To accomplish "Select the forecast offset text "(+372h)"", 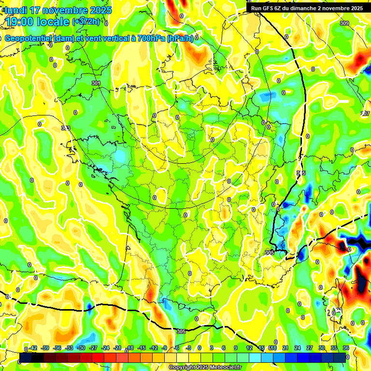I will pyautogui.click(x=86, y=22).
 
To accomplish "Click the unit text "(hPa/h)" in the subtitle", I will pyautogui.click(x=180, y=39).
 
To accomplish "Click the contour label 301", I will pyautogui.click(x=96, y=84).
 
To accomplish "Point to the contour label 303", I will pyautogui.click(x=66, y=128).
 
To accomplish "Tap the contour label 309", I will pyautogui.click(x=344, y=23).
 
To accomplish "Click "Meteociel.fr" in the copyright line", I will pyautogui.click(x=224, y=368).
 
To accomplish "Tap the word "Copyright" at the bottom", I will pyautogui.click(x=182, y=368).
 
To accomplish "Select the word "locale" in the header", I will pyautogui.click(x=54, y=22).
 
